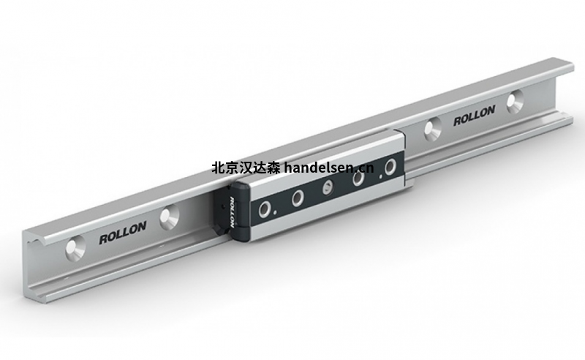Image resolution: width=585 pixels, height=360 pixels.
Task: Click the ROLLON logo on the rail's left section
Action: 122,233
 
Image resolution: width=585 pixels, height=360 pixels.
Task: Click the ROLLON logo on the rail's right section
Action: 474,116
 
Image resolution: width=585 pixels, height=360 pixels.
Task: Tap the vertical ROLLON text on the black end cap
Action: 232,212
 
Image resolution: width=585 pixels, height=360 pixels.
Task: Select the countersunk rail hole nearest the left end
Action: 75,250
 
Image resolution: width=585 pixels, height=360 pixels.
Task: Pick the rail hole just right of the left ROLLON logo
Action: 170,217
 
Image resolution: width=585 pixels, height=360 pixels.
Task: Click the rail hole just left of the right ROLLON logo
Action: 433,129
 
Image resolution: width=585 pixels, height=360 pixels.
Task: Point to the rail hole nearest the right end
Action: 516,101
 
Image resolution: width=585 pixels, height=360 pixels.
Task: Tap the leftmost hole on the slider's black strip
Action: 266,209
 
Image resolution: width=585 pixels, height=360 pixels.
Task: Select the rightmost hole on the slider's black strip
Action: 390,167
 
